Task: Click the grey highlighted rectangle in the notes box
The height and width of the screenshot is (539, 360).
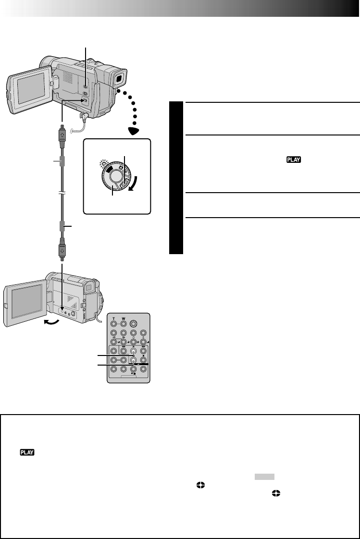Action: pos(264,476)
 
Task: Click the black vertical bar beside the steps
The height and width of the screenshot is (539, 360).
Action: pos(176,178)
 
